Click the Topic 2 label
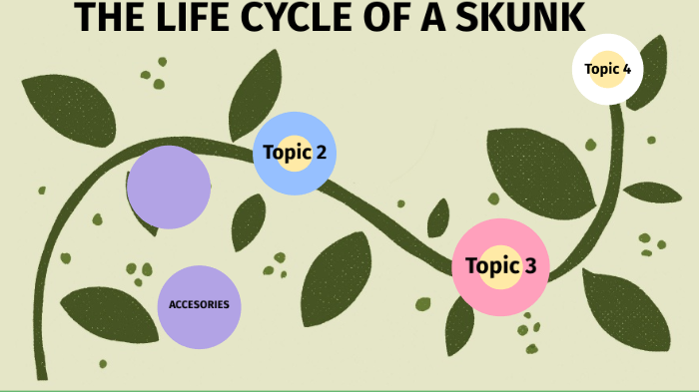[294, 153]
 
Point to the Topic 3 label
[500, 266]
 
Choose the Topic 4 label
[607, 69]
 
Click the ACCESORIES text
[200, 304]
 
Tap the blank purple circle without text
[169, 187]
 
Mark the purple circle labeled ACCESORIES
[200, 324]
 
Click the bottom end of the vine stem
[41, 373]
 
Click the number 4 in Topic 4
[626, 69]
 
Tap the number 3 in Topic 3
[529, 266]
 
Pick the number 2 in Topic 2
[320, 153]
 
